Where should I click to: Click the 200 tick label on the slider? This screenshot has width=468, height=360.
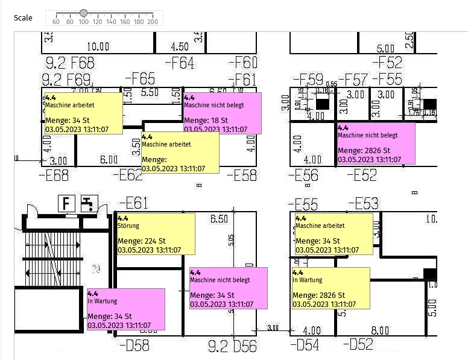152,22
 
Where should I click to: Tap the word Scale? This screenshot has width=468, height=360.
23,18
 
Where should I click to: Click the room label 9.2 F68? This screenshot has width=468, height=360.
69,63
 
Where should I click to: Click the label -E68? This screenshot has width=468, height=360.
53,175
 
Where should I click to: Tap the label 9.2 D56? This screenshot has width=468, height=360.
232,347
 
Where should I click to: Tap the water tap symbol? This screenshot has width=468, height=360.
89,203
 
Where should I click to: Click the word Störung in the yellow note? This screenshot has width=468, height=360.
128,226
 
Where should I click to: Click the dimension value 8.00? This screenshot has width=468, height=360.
380,330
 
